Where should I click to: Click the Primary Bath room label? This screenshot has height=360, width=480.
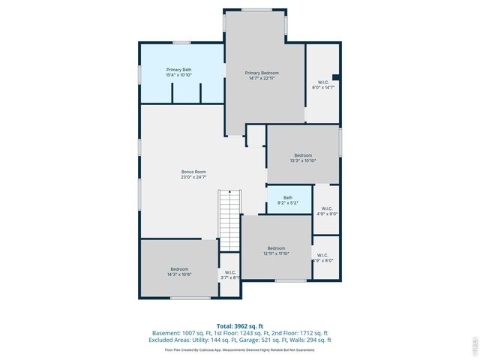tap(178, 70)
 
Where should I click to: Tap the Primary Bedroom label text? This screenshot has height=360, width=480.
tap(262, 73)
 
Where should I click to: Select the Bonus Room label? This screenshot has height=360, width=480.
tap(193, 172)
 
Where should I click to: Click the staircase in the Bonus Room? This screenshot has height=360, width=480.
tap(229, 220)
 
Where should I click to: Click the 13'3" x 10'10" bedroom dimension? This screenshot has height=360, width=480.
tap(302, 160)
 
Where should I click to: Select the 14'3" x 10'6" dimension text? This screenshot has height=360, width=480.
tap(178, 274)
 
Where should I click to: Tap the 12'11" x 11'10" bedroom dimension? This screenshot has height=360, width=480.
tap(276, 253)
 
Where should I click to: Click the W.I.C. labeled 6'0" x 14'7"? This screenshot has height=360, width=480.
tap(323, 85)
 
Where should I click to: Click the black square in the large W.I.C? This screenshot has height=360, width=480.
tap(336, 76)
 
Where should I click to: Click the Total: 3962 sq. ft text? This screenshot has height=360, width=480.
tap(240, 325)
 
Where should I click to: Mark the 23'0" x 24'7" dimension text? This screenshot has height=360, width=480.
tap(193, 177)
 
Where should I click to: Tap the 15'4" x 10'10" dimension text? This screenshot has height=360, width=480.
tap(178, 75)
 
